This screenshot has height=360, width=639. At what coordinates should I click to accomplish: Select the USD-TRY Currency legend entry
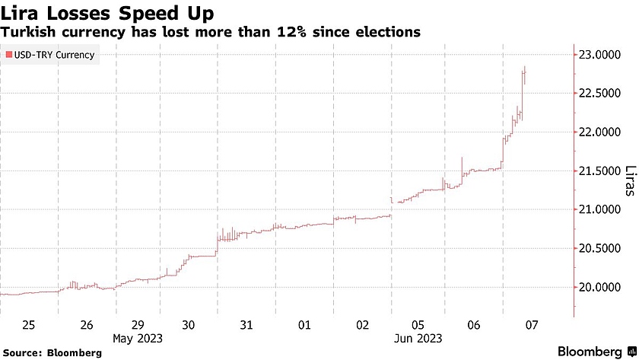click(x=50, y=56)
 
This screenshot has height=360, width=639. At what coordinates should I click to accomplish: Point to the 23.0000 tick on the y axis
click(x=598, y=55)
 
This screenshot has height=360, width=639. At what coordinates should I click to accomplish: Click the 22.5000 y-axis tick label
click(x=598, y=94)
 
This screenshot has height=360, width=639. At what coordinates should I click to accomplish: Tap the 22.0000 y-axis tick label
click(x=598, y=132)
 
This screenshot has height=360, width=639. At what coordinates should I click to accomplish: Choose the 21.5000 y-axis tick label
click(x=598, y=171)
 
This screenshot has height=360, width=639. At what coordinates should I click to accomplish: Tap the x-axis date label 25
click(x=29, y=325)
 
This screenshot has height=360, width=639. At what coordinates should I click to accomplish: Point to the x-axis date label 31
click(x=246, y=325)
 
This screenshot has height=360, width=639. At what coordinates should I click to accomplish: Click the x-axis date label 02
click(x=361, y=325)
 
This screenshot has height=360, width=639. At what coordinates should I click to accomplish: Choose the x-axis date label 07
click(x=532, y=325)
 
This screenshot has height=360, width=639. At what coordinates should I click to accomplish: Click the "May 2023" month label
click(x=138, y=336)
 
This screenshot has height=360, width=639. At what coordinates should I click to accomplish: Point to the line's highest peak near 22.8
click(x=526, y=67)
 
